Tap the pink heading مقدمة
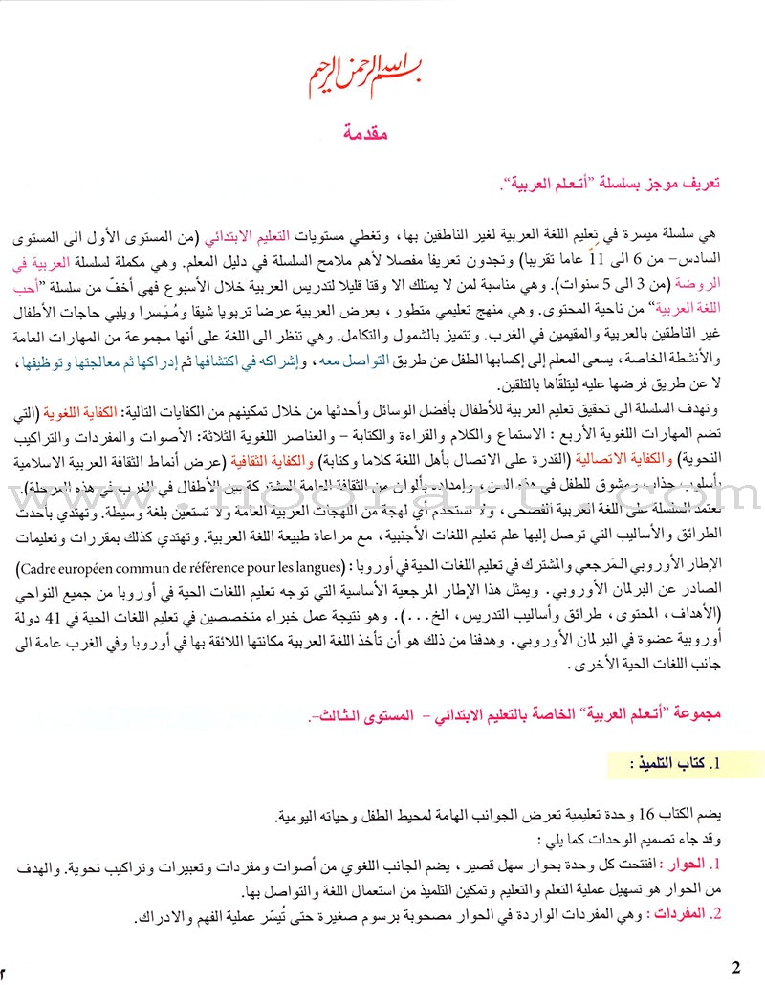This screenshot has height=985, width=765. pos(381,133)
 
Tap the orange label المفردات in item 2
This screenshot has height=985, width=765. pos(695,915)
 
